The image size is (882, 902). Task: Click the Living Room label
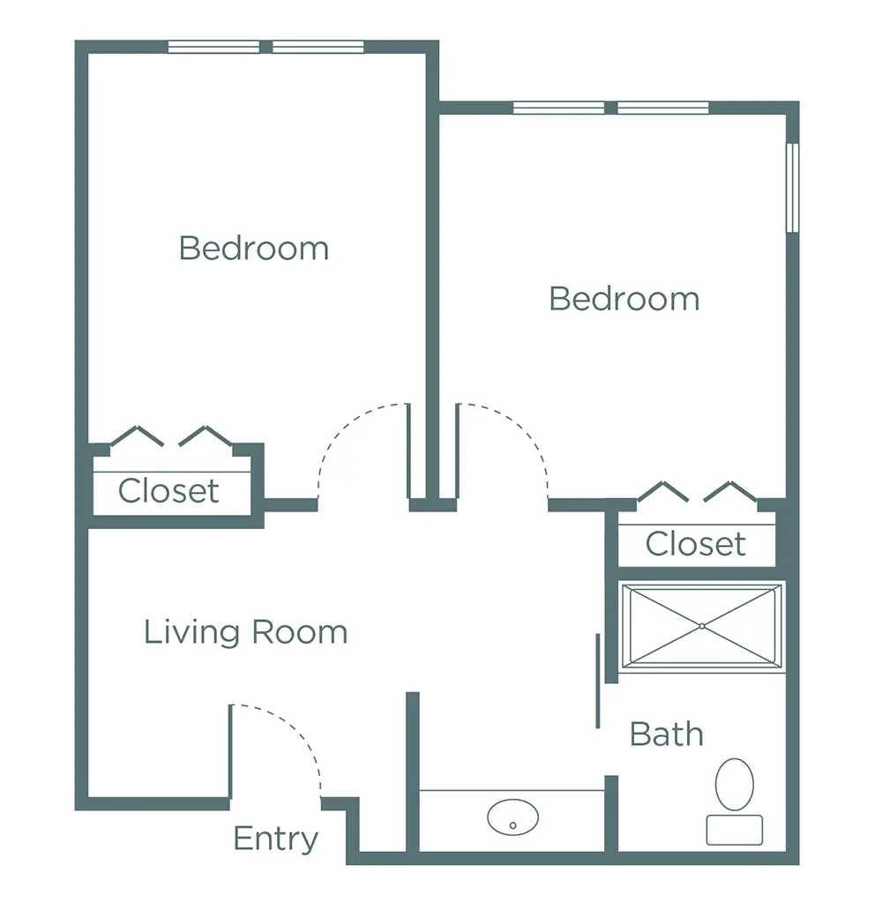coord(245,632)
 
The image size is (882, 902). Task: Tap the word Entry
coord(275,839)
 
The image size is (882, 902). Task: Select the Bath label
coord(667,734)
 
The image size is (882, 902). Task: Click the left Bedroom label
coord(253,248)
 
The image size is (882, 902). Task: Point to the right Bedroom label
coord(624,299)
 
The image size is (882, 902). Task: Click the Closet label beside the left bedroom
coord(168,490)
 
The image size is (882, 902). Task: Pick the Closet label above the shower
coord(695,544)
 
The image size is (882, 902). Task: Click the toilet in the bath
coord(735,785)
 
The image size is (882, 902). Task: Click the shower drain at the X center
coord(701,626)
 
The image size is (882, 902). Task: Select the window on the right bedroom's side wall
coord(792,187)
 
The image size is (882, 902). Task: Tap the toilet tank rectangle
coord(735,830)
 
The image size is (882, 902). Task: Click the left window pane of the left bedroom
coord(213,47)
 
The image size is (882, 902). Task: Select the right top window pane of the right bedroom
coord(663,108)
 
